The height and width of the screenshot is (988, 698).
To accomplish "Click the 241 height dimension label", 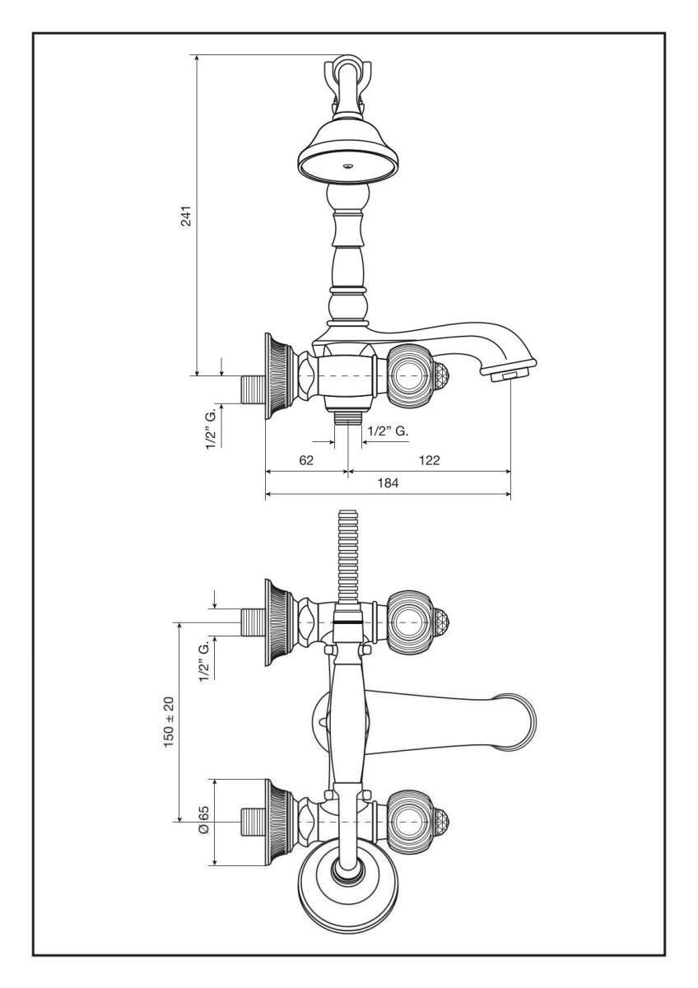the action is pyautogui.click(x=187, y=215).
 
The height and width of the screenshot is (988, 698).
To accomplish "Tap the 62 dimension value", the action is pyautogui.click(x=306, y=460).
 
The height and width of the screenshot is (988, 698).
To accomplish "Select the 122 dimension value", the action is pyautogui.click(x=430, y=460).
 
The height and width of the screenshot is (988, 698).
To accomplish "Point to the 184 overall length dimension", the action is pyautogui.click(x=388, y=483).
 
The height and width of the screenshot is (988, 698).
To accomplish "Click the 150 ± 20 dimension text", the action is pyautogui.click(x=169, y=721).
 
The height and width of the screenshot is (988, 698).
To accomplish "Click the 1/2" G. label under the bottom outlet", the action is pyautogui.click(x=388, y=431).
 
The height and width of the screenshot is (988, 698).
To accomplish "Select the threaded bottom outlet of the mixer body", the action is pyautogui.click(x=348, y=417).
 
